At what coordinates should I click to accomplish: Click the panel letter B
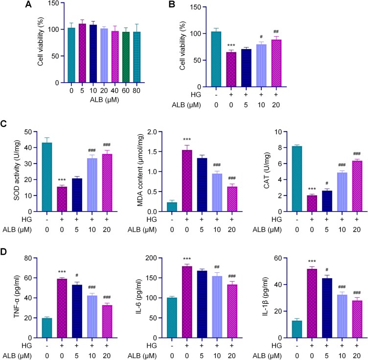click(x=198, y=6)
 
